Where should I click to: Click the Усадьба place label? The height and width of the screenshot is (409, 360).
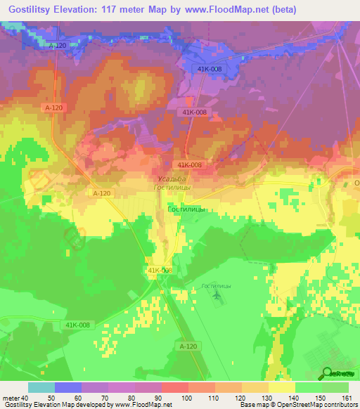tap(172, 180)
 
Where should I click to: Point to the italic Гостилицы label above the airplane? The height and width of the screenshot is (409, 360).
tap(216, 286)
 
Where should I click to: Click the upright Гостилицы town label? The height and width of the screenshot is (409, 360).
tap(186, 209)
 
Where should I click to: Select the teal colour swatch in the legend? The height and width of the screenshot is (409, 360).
tap(41, 387)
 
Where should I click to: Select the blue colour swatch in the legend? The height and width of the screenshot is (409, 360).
tap(68, 387)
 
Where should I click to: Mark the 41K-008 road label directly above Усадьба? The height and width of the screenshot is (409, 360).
tap(190, 165)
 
